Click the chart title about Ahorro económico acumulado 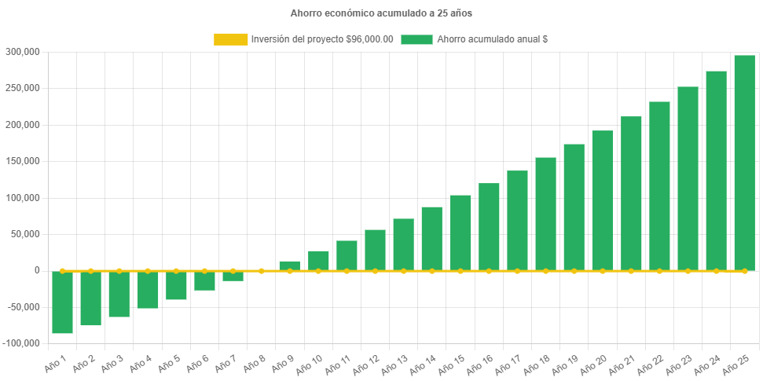(x=381, y=13)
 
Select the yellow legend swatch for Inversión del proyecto (x=230, y=39)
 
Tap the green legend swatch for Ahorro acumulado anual (x=416, y=39)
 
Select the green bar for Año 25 (x=744, y=163)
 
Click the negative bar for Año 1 (x=63, y=302)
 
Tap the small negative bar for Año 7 (x=233, y=276)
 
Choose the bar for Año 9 (x=289, y=266)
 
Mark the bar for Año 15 (x=460, y=233)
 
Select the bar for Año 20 (x=603, y=200)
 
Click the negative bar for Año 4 (x=148, y=289)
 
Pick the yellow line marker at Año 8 (x=261, y=271)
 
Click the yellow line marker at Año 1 (x=63, y=271)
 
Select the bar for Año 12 (x=375, y=250)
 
